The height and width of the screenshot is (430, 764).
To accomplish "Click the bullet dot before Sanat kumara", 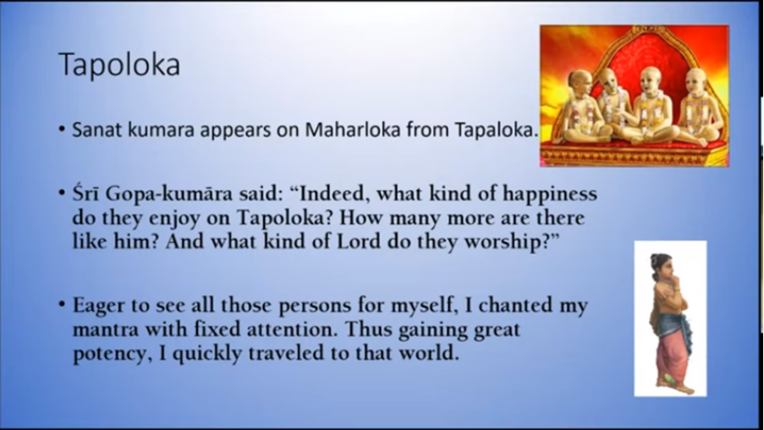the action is (62, 130).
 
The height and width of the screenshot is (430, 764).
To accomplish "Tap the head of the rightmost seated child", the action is (695, 80).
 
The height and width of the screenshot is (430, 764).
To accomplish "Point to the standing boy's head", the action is (662, 267).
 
